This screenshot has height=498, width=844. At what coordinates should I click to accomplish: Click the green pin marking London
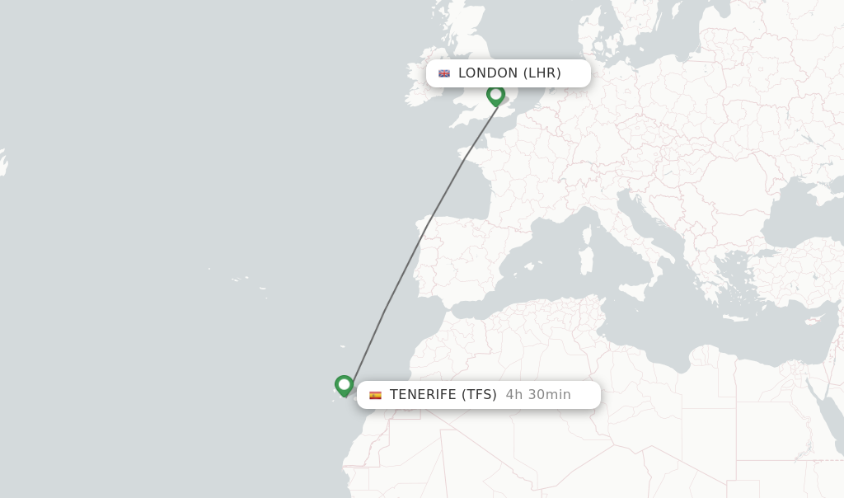[495, 95]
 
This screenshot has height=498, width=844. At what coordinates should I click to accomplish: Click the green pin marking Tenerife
[345, 385]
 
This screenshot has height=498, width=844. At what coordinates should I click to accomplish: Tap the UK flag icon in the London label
[444, 73]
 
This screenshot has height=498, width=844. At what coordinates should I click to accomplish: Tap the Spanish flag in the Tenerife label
[375, 395]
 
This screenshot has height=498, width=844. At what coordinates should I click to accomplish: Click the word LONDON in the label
[488, 73]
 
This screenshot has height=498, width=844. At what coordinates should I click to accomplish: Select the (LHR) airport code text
[542, 73]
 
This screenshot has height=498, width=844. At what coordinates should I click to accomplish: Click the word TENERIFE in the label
[423, 394]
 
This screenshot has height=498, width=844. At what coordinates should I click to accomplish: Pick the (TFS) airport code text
[479, 394]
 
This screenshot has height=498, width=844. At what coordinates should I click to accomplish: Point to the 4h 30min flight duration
[538, 394]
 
